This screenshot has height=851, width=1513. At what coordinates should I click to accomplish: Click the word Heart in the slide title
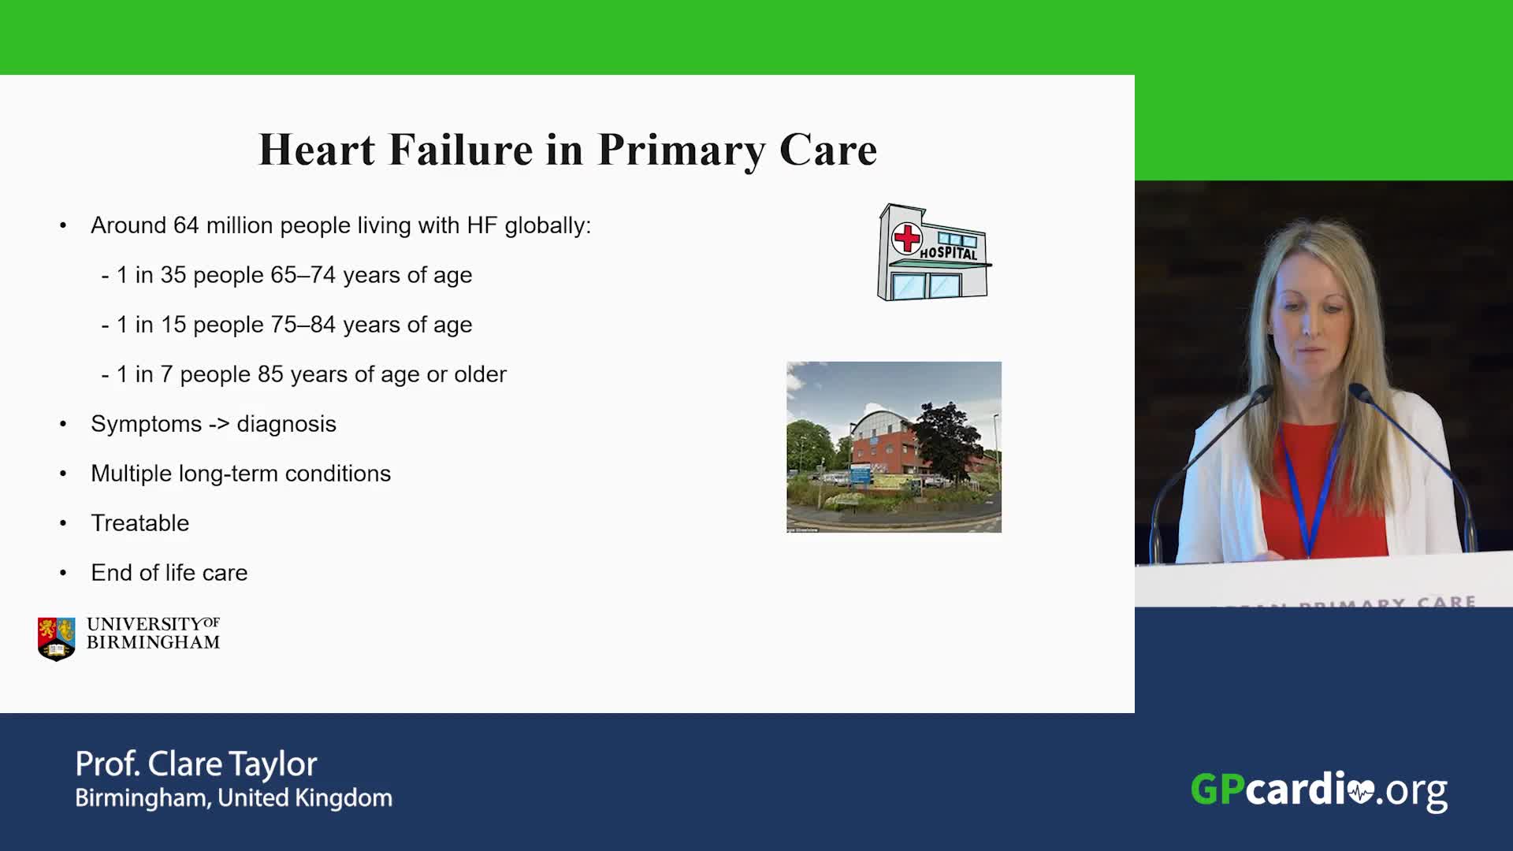click(317, 149)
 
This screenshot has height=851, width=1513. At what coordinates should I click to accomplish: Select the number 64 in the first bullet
click(186, 225)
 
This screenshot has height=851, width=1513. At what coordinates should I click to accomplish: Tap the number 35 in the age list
click(173, 275)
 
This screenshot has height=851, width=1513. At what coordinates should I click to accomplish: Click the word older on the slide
click(480, 374)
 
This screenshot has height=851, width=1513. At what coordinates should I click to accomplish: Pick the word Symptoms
click(147, 425)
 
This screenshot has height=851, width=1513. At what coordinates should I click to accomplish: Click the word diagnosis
click(286, 425)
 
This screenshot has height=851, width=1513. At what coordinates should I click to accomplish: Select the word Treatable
click(140, 523)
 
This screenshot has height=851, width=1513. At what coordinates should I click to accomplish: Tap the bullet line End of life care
click(169, 573)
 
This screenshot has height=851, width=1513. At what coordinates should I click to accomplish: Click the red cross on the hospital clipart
click(907, 237)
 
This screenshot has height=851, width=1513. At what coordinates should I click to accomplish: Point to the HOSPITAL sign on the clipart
click(949, 253)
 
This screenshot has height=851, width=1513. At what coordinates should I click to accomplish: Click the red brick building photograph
click(894, 447)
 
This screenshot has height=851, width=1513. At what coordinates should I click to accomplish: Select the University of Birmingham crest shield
click(57, 638)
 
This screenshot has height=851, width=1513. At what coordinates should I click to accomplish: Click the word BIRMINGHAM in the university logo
click(153, 643)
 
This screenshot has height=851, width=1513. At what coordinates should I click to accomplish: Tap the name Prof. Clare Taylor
click(196, 764)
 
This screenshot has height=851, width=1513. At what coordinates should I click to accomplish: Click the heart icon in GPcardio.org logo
click(1361, 791)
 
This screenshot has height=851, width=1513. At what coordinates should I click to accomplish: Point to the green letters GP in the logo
click(1218, 790)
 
